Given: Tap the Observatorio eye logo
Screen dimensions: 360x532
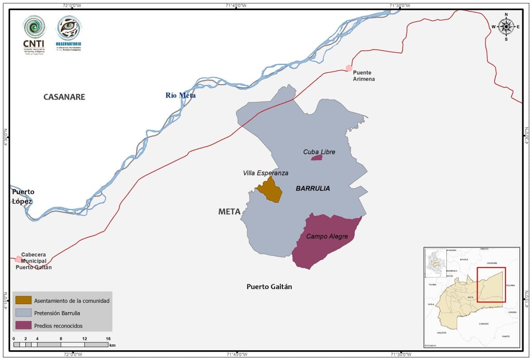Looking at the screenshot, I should [x=69, y=27].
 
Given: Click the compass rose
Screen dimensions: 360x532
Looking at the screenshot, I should [x=506, y=27].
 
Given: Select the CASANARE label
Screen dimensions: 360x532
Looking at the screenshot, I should [x=64, y=97].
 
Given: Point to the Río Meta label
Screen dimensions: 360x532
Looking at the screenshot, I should [x=180, y=95].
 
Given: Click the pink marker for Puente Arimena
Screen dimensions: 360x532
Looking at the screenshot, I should [x=349, y=68].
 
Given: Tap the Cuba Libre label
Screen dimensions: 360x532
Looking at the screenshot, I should [x=319, y=152].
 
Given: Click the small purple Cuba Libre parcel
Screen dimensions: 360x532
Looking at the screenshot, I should [x=317, y=157].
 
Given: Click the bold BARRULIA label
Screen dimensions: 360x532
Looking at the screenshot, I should [x=313, y=188].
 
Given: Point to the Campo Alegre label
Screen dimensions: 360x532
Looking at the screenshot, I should [x=327, y=236].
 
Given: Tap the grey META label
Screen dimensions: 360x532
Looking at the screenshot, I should [x=229, y=211].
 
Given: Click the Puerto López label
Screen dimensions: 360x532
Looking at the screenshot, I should [x=23, y=196].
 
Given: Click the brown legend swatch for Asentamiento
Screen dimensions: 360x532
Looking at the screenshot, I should [x=23, y=300].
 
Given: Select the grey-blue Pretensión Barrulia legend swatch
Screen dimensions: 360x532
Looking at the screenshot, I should [x=23, y=313].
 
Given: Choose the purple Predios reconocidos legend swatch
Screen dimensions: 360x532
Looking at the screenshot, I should [x=23, y=325].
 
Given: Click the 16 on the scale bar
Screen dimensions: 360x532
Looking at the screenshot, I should [x=108, y=339].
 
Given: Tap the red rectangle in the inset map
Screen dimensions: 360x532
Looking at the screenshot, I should [x=491, y=285].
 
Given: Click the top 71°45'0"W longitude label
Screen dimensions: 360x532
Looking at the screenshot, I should [x=236, y=5].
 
